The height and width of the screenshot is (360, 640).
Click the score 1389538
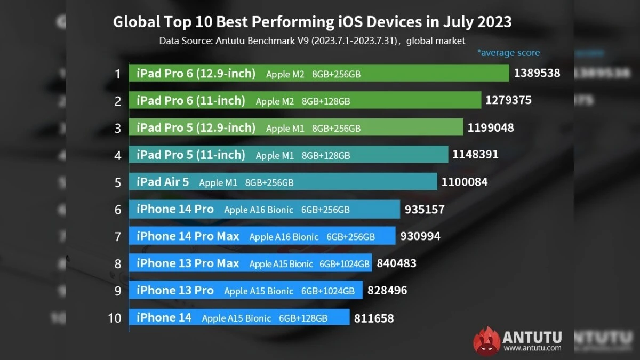coord(537,73)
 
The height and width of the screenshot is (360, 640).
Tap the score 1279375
coord(508,100)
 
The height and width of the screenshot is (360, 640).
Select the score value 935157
coord(425,209)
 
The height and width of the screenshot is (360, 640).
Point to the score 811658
coord(373,318)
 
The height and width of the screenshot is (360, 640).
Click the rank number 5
coord(118,182)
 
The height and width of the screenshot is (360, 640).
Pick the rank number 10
coord(115,318)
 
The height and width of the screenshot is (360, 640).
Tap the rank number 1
coord(118,74)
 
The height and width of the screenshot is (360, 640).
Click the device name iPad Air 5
coord(163,182)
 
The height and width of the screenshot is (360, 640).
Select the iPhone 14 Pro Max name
coord(188,236)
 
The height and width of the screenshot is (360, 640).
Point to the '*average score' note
coord(508,53)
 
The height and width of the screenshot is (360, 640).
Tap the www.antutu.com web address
coord(532,348)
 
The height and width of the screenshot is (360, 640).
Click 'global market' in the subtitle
coord(436,41)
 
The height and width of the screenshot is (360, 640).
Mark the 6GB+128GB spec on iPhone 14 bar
coord(303,318)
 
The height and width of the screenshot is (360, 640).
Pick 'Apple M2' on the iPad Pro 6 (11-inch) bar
coord(275,101)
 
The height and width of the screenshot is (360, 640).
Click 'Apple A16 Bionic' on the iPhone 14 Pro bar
coord(259,210)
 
